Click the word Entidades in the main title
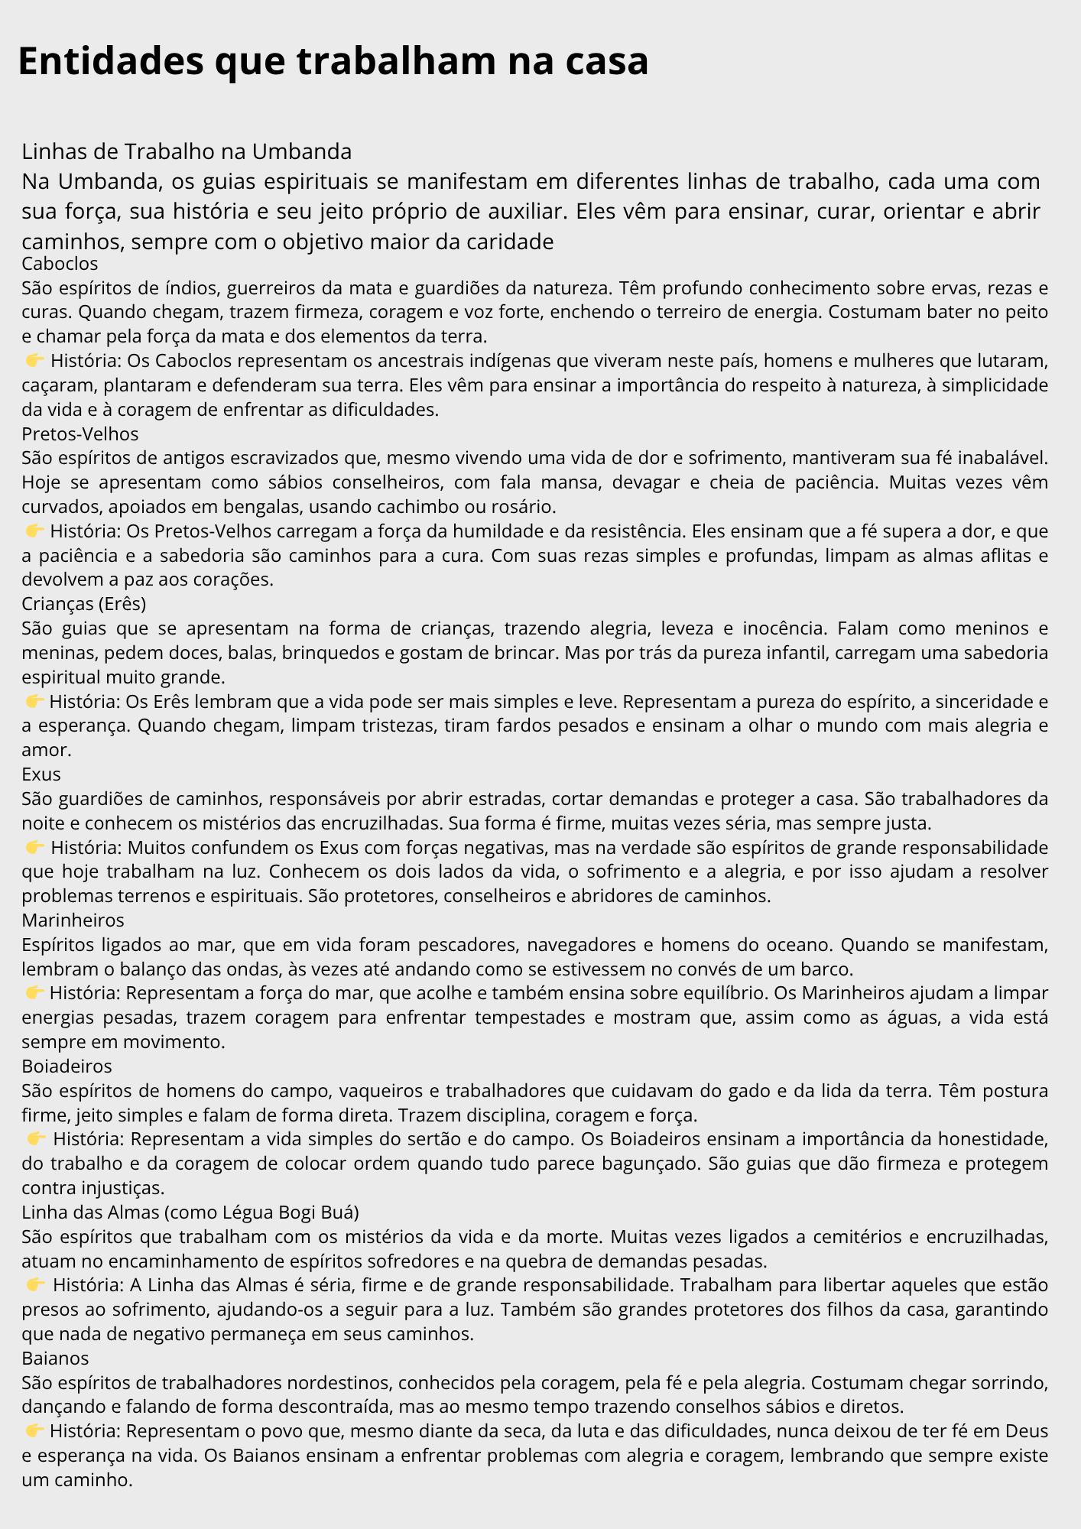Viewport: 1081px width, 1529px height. pyautogui.click(x=110, y=61)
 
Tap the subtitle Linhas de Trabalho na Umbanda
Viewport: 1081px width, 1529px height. pyautogui.click(x=187, y=151)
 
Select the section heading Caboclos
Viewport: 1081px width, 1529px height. pyautogui.click(x=60, y=264)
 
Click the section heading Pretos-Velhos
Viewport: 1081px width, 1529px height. pyautogui.click(x=80, y=433)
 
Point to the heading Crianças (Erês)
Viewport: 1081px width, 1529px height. pyautogui.click(x=83, y=603)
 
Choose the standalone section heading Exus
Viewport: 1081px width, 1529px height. pyautogui.click(x=41, y=774)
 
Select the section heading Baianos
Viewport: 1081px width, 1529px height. pyautogui.click(x=55, y=1358)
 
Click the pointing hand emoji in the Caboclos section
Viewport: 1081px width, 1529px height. pyautogui.click(x=34, y=360)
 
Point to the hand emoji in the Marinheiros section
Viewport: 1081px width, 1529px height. pyautogui.click(x=34, y=992)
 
